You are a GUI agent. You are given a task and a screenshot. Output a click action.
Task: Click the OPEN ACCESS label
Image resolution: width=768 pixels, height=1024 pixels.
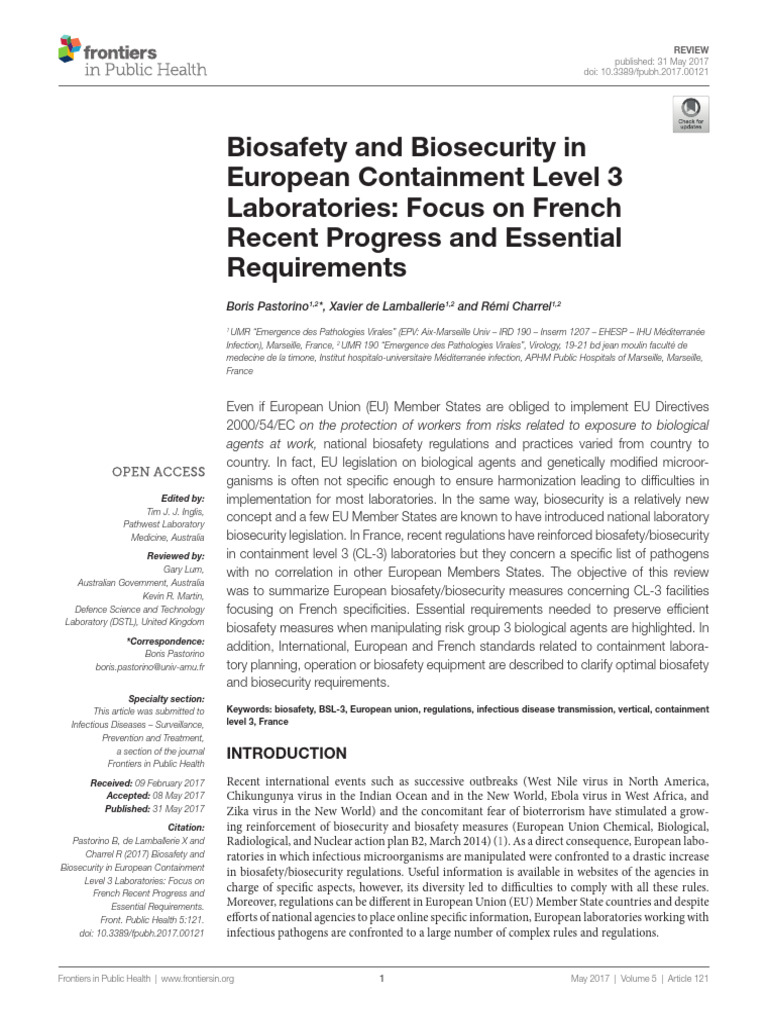(158, 472)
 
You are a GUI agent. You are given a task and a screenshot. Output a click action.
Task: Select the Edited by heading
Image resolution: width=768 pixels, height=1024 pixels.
(182, 497)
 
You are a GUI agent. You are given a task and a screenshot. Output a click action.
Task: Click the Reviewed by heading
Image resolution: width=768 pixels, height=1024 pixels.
(175, 554)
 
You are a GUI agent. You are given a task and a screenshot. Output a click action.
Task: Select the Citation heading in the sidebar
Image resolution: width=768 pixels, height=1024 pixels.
(186, 827)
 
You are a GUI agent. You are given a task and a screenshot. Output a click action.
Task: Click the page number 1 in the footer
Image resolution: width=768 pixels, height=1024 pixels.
(382, 978)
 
